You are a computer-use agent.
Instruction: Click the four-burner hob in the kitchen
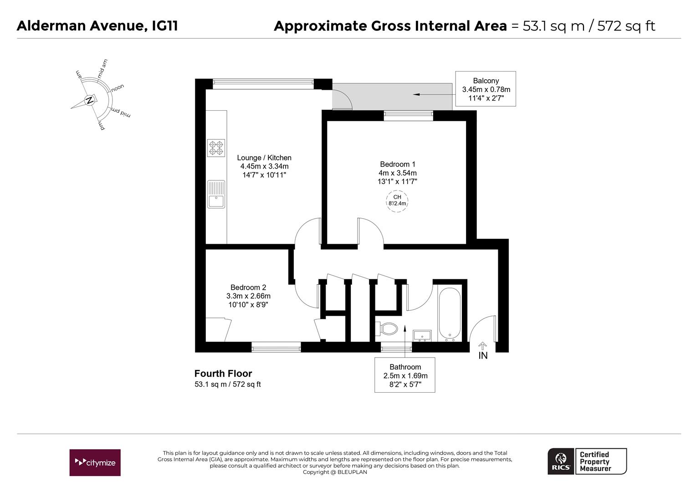[x=216, y=148]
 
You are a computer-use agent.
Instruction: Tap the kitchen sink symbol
[x=216, y=194]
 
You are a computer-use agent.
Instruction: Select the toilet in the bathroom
[x=387, y=328]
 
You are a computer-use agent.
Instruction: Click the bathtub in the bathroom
[x=449, y=313]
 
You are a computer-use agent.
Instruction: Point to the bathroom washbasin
[x=422, y=336]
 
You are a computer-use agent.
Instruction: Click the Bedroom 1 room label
[x=397, y=164]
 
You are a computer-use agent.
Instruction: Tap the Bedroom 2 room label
[x=248, y=287]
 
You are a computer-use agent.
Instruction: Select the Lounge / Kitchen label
[x=264, y=158]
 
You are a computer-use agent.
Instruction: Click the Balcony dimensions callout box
[x=486, y=89]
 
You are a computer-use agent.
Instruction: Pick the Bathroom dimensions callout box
[x=405, y=375]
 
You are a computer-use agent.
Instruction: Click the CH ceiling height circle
[x=397, y=201]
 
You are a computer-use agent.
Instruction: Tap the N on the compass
[x=89, y=100]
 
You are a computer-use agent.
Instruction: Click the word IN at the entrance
[x=483, y=355]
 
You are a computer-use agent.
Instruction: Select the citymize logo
[x=95, y=462]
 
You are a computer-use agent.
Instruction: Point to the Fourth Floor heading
[x=223, y=373]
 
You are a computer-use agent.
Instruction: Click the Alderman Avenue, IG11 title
[x=97, y=26]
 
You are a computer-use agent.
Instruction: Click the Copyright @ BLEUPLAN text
[x=335, y=472]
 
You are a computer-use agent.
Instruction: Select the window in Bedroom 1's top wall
[x=408, y=115]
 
